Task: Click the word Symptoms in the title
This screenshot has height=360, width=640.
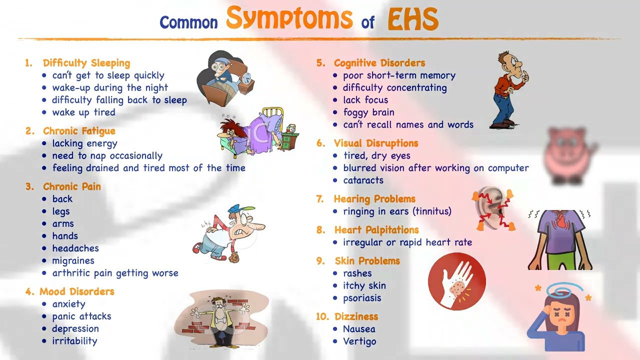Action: tap(289, 18)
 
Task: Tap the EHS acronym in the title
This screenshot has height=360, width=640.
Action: tap(413, 20)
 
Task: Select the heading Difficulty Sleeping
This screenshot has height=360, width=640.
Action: tap(86, 63)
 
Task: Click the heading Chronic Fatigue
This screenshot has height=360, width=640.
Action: tap(79, 131)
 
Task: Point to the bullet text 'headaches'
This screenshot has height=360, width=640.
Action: tap(75, 248)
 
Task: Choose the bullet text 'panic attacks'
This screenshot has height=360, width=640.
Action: tap(81, 316)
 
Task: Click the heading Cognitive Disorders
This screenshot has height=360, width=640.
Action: tap(379, 63)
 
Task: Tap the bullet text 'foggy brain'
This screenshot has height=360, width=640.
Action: tap(368, 112)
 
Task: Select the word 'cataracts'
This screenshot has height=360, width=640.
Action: tap(363, 180)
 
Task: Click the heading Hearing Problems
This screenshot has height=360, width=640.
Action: tap(374, 199)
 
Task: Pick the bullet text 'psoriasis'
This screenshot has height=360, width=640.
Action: tap(362, 298)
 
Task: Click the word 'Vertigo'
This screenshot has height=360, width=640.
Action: tap(359, 341)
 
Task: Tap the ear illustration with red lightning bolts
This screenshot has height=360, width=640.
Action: tap(493, 208)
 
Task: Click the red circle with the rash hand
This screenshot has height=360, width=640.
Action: tap(456, 281)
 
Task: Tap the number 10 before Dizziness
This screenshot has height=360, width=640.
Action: tap(322, 316)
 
